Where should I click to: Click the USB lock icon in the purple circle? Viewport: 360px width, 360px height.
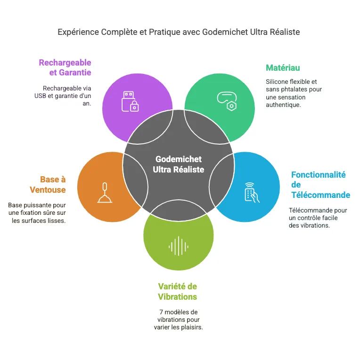click(130, 101)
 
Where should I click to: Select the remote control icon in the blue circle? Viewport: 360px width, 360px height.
click(252, 192)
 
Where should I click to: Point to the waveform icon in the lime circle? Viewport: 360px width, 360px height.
click(178, 245)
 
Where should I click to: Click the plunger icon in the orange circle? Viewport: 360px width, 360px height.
click(105, 192)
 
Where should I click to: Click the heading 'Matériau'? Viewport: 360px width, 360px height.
click(283, 67)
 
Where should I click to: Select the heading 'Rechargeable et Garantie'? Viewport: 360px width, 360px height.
click(65, 67)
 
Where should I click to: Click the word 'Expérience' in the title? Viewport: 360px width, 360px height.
click(79, 32)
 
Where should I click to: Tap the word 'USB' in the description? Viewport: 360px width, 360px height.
click(41, 96)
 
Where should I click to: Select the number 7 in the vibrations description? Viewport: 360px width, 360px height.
click(162, 312)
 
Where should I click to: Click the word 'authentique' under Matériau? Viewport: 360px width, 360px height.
click(283, 105)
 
